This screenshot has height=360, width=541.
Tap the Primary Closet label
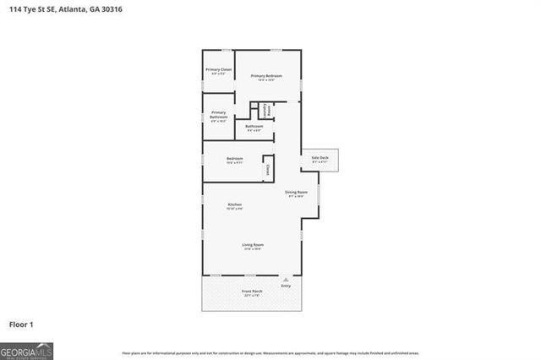pyautogui.click(x=219, y=69)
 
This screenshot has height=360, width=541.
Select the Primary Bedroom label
pyautogui.click(x=265, y=75)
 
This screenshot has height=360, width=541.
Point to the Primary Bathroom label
pyautogui.click(x=218, y=113)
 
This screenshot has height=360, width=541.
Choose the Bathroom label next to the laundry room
pyautogui.click(x=254, y=126)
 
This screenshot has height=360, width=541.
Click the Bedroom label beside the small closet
pyautogui.click(x=234, y=159)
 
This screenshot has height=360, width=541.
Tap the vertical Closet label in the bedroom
pyautogui.click(x=268, y=168)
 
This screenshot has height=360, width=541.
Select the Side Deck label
pyautogui.click(x=320, y=158)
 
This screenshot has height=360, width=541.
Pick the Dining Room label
pyautogui.click(x=296, y=192)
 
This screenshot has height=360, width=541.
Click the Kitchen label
pyautogui.click(x=234, y=205)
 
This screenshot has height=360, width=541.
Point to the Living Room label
pyautogui.click(x=253, y=244)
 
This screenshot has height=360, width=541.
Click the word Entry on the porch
pyautogui.click(x=287, y=285)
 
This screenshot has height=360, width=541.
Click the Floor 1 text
pyautogui.click(x=21, y=325)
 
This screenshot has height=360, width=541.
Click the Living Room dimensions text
pyautogui.click(x=253, y=249)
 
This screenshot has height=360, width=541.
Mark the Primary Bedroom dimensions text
pyautogui.click(x=265, y=80)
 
